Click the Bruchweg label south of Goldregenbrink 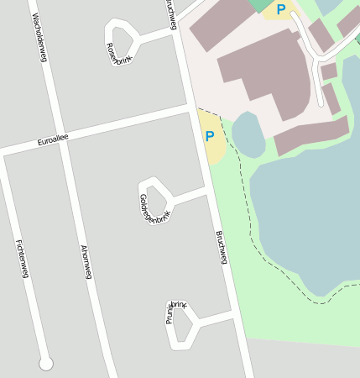click(222, 247)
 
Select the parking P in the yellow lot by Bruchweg click(209, 135)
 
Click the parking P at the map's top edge click(280, 9)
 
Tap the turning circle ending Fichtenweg click(46, 363)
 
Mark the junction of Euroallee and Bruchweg click(190, 108)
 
